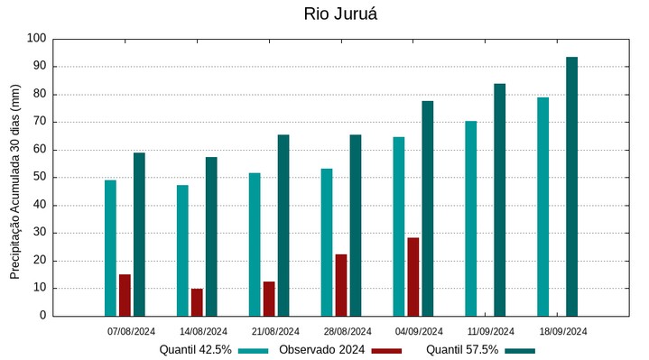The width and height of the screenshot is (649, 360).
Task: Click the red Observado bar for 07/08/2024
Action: tap(125, 295)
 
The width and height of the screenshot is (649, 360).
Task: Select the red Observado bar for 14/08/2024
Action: tap(197, 302)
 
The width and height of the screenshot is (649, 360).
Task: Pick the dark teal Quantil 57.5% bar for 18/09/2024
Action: tap(571, 187)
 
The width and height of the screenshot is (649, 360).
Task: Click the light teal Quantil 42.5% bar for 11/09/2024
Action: tap(470, 218)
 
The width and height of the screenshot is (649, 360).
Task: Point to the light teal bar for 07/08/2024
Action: tap(110, 248)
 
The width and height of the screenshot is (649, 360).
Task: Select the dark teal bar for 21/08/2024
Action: tap(283, 226)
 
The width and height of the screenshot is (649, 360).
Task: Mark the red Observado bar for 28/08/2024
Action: tap(341, 285)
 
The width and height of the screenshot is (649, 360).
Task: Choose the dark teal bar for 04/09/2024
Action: tap(427, 208)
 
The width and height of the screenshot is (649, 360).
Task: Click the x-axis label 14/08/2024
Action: tap(203, 331)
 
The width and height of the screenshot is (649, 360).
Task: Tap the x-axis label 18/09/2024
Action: tap(563, 331)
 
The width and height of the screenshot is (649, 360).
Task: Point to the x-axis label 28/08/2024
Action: tap(348, 331)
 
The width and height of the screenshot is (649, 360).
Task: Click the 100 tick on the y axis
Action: tap(36, 39)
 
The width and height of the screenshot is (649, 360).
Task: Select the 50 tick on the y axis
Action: tap(39, 178)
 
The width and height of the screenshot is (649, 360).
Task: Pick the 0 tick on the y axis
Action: tap(42, 316)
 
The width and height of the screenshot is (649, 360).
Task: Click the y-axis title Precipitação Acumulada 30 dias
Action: tap(14, 180)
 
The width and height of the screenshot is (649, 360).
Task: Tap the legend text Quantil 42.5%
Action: tap(196, 350)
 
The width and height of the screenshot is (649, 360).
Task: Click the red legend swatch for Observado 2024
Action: tap(386, 350)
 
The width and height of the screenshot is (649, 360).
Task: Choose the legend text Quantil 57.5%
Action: tap(461, 350)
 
